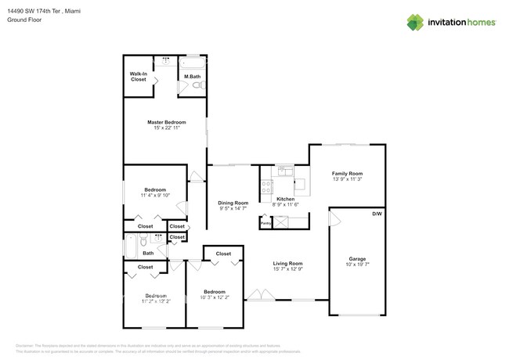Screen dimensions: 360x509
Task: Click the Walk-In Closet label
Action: point(139,77)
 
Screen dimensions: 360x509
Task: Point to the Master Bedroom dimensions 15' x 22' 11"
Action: point(167,128)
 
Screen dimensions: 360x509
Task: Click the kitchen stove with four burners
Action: point(266,187)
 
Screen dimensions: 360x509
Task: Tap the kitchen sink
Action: point(283,171)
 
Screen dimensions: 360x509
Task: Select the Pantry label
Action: point(265,223)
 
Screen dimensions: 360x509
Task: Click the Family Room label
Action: point(347,174)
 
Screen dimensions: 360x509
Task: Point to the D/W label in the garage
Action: point(376,213)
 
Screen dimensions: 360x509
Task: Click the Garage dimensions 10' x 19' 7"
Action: point(357,265)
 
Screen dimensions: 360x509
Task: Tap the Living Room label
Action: point(287,263)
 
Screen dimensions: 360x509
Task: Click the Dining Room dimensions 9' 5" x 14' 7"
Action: point(233,209)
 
